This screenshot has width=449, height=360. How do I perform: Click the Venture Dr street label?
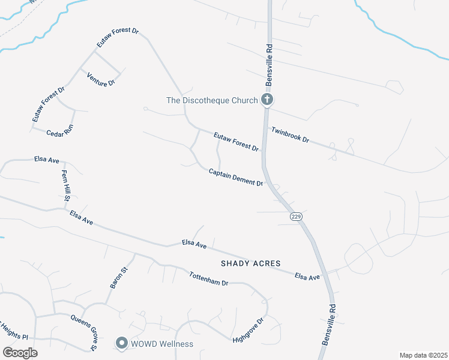coord(100,79)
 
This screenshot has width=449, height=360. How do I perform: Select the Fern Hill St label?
coord(65,185)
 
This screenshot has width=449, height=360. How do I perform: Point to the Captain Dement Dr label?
coord(236,177)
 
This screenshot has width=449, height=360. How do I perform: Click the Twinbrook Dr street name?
coord(290,135)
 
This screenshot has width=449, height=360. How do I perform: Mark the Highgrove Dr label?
coord(249,331)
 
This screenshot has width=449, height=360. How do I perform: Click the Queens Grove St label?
coord(83,332)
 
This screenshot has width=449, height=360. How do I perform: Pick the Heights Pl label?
coord(14,336)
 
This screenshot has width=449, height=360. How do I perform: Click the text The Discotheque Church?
coord(212,100)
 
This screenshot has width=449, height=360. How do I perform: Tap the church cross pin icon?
coord(267,100)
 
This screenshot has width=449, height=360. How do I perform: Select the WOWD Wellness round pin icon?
coord(121,344)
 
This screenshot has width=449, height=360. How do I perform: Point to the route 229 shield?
coord(295,216)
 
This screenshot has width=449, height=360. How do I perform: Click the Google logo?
coord(20,352)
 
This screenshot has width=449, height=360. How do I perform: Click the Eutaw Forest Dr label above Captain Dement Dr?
coord(236,142)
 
